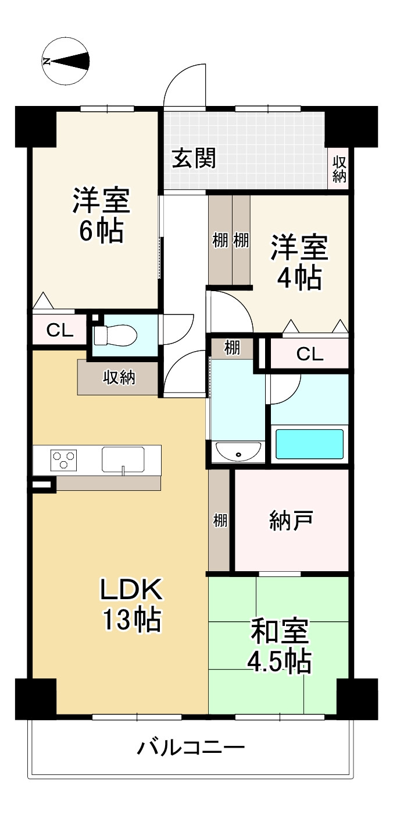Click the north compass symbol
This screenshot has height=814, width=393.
click(65, 61)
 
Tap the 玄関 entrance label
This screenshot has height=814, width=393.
click(194, 158)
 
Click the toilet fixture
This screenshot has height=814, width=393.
click(115, 335)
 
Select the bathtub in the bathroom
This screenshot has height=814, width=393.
click(309, 444)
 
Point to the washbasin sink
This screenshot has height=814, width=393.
click(238, 451)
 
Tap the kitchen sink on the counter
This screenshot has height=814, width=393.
click(123, 459)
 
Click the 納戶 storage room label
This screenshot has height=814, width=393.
click(291, 520)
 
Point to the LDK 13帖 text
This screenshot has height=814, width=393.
click(131, 604)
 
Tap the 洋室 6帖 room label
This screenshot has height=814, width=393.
click(101, 214)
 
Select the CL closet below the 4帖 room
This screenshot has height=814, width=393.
click(309, 354)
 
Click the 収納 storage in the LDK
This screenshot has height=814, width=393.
click(119, 378)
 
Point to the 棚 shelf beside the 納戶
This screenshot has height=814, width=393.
click(220, 520)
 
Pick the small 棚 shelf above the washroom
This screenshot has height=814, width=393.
click(232, 348)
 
